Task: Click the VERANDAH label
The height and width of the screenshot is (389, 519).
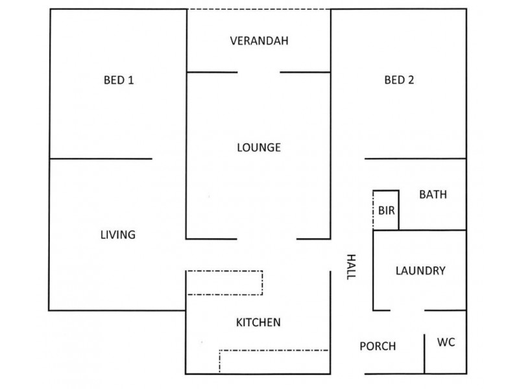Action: [259, 41]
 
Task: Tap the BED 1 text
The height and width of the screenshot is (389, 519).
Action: [119, 80]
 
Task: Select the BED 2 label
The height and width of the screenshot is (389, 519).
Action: [399, 80]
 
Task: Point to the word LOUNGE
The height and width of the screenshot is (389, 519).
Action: [259, 147]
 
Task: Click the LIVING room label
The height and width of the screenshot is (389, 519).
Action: [118, 235]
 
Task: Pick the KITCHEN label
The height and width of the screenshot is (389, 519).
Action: [258, 322]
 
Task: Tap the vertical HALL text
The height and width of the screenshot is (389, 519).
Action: [351, 267]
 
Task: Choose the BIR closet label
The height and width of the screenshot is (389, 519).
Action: [386, 210]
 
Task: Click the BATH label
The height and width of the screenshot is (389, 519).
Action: [433, 194]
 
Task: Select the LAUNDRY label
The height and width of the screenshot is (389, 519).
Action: [420, 271]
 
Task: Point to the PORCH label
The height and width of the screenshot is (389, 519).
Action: [378, 346]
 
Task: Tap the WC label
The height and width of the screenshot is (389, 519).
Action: [446, 342]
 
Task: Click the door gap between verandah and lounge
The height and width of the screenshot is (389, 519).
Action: [259, 72]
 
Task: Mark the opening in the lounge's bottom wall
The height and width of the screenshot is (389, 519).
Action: [267, 239]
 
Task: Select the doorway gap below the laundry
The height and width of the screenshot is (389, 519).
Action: [407, 311]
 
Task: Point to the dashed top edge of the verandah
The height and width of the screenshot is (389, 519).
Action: [259, 9]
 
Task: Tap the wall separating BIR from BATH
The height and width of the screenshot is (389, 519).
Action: [398, 210]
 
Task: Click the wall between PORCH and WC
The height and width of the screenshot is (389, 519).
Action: [424, 354]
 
